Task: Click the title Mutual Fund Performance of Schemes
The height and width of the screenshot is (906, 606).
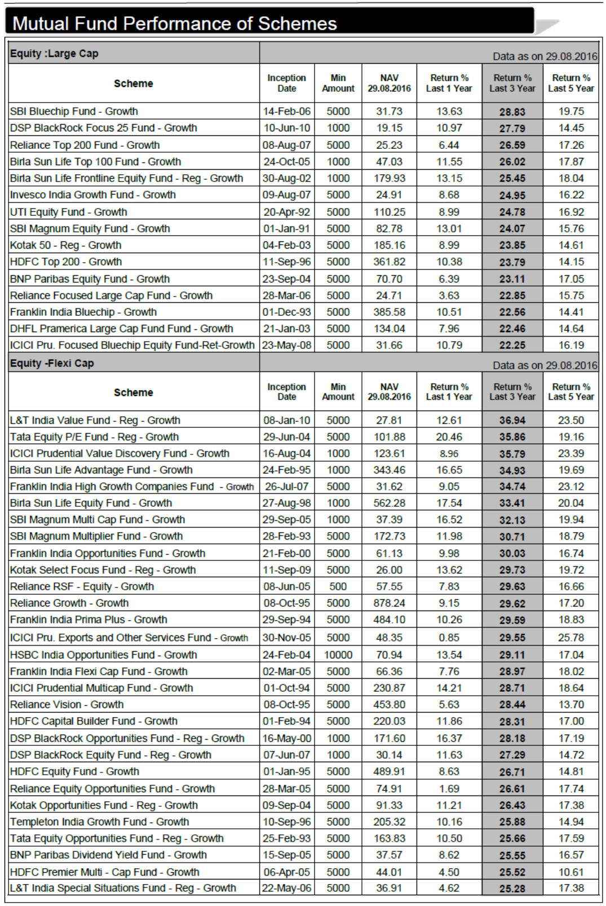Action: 174,24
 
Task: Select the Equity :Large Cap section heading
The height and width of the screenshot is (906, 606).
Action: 54,54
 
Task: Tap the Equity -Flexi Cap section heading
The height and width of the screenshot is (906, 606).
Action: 52,363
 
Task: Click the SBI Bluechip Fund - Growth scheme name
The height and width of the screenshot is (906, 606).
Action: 74,112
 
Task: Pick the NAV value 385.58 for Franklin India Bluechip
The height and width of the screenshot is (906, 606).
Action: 389,312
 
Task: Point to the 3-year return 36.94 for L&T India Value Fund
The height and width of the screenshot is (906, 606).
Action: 512,421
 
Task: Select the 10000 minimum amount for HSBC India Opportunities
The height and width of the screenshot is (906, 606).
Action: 338,655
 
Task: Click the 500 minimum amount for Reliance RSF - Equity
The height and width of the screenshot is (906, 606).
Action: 338,587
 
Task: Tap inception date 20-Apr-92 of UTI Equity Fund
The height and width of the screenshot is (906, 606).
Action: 286,213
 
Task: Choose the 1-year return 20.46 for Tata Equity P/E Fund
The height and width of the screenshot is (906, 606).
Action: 449,437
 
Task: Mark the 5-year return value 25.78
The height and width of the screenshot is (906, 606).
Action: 571,638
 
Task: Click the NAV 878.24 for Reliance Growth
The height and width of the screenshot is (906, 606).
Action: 389,603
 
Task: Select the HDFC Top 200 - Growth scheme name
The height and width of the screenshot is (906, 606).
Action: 66,262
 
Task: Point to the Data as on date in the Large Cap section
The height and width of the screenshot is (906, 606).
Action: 545,56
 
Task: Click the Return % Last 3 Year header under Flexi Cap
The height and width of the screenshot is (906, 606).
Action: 512,392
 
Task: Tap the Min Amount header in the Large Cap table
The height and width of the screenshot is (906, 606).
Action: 338,83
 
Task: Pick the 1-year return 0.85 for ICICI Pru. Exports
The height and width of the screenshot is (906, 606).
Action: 449,638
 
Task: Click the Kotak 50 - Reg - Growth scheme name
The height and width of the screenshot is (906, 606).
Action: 65,245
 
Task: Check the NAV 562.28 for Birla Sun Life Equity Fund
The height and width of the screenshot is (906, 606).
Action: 389,503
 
